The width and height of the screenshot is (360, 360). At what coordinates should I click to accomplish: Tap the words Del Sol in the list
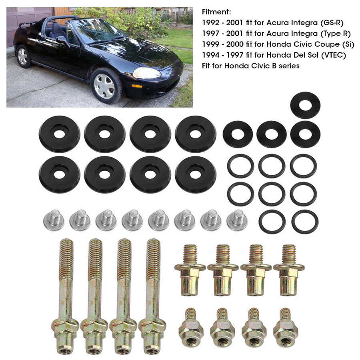pyautogui.click(x=302, y=55)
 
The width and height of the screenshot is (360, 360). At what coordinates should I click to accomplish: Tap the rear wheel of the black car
pyautogui.click(x=23, y=56)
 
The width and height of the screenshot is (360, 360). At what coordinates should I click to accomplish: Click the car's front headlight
pyautogui.click(x=146, y=73)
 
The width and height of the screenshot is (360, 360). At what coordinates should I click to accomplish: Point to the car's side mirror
pyautogui.click(x=62, y=40)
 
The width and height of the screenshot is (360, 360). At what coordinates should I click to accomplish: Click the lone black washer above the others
pyautogui.click(x=305, y=105)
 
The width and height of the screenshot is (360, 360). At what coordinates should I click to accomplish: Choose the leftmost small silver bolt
pyautogui.click(x=54, y=220)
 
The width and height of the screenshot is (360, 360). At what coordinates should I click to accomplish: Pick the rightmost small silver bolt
pyautogui.click(x=237, y=220)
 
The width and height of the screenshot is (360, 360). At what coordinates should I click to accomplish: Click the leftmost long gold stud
pyautogui.click(x=66, y=296)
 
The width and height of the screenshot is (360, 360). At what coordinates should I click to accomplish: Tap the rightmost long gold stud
pyautogui.click(x=152, y=296)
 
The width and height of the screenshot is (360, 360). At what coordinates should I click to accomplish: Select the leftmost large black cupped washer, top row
pyautogui.click(x=59, y=134)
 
